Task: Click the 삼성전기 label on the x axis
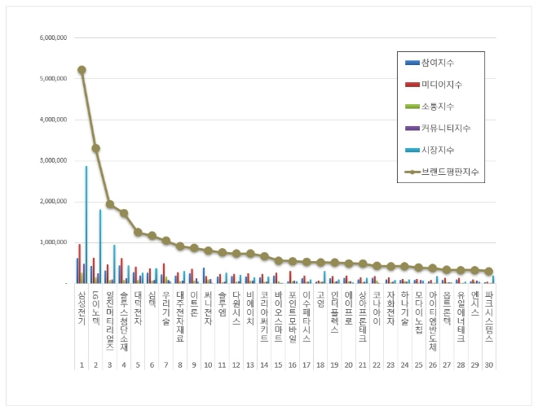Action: [x=82, y=307]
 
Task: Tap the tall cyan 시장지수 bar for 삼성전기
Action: [x=86, y=228]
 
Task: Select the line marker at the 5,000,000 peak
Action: [x=82, y=69]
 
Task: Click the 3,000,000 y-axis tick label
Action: [x=52, y=160]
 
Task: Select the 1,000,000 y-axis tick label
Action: [x=52, y=242]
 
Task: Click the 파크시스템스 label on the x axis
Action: [x=488, y=312]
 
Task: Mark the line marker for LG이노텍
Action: [x=95, y=148]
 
